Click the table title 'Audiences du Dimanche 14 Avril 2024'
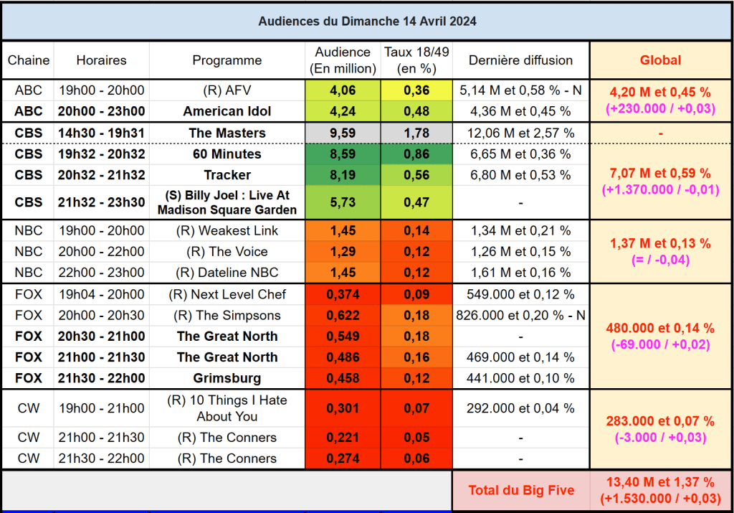(367, 21)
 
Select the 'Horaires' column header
(101, 60)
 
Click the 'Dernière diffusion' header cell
(520, 60)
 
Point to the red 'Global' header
(660, 60)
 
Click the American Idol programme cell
(227, 111)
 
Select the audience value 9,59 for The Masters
(343, 133)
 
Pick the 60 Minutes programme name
(227, 154)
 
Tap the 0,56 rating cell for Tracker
(416, 175)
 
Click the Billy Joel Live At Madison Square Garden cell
(227, 203)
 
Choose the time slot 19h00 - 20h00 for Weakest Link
(101, 230)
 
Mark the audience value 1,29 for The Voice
(343, 252)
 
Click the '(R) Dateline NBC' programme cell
(227, 273)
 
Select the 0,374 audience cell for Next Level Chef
(343, 294)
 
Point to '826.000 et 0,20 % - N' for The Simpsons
(520, 315)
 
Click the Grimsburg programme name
(227, 378)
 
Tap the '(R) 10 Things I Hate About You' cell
(227, 409)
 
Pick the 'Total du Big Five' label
(521, 491)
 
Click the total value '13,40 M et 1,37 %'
(660, 482)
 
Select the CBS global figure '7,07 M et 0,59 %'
(660, 173)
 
